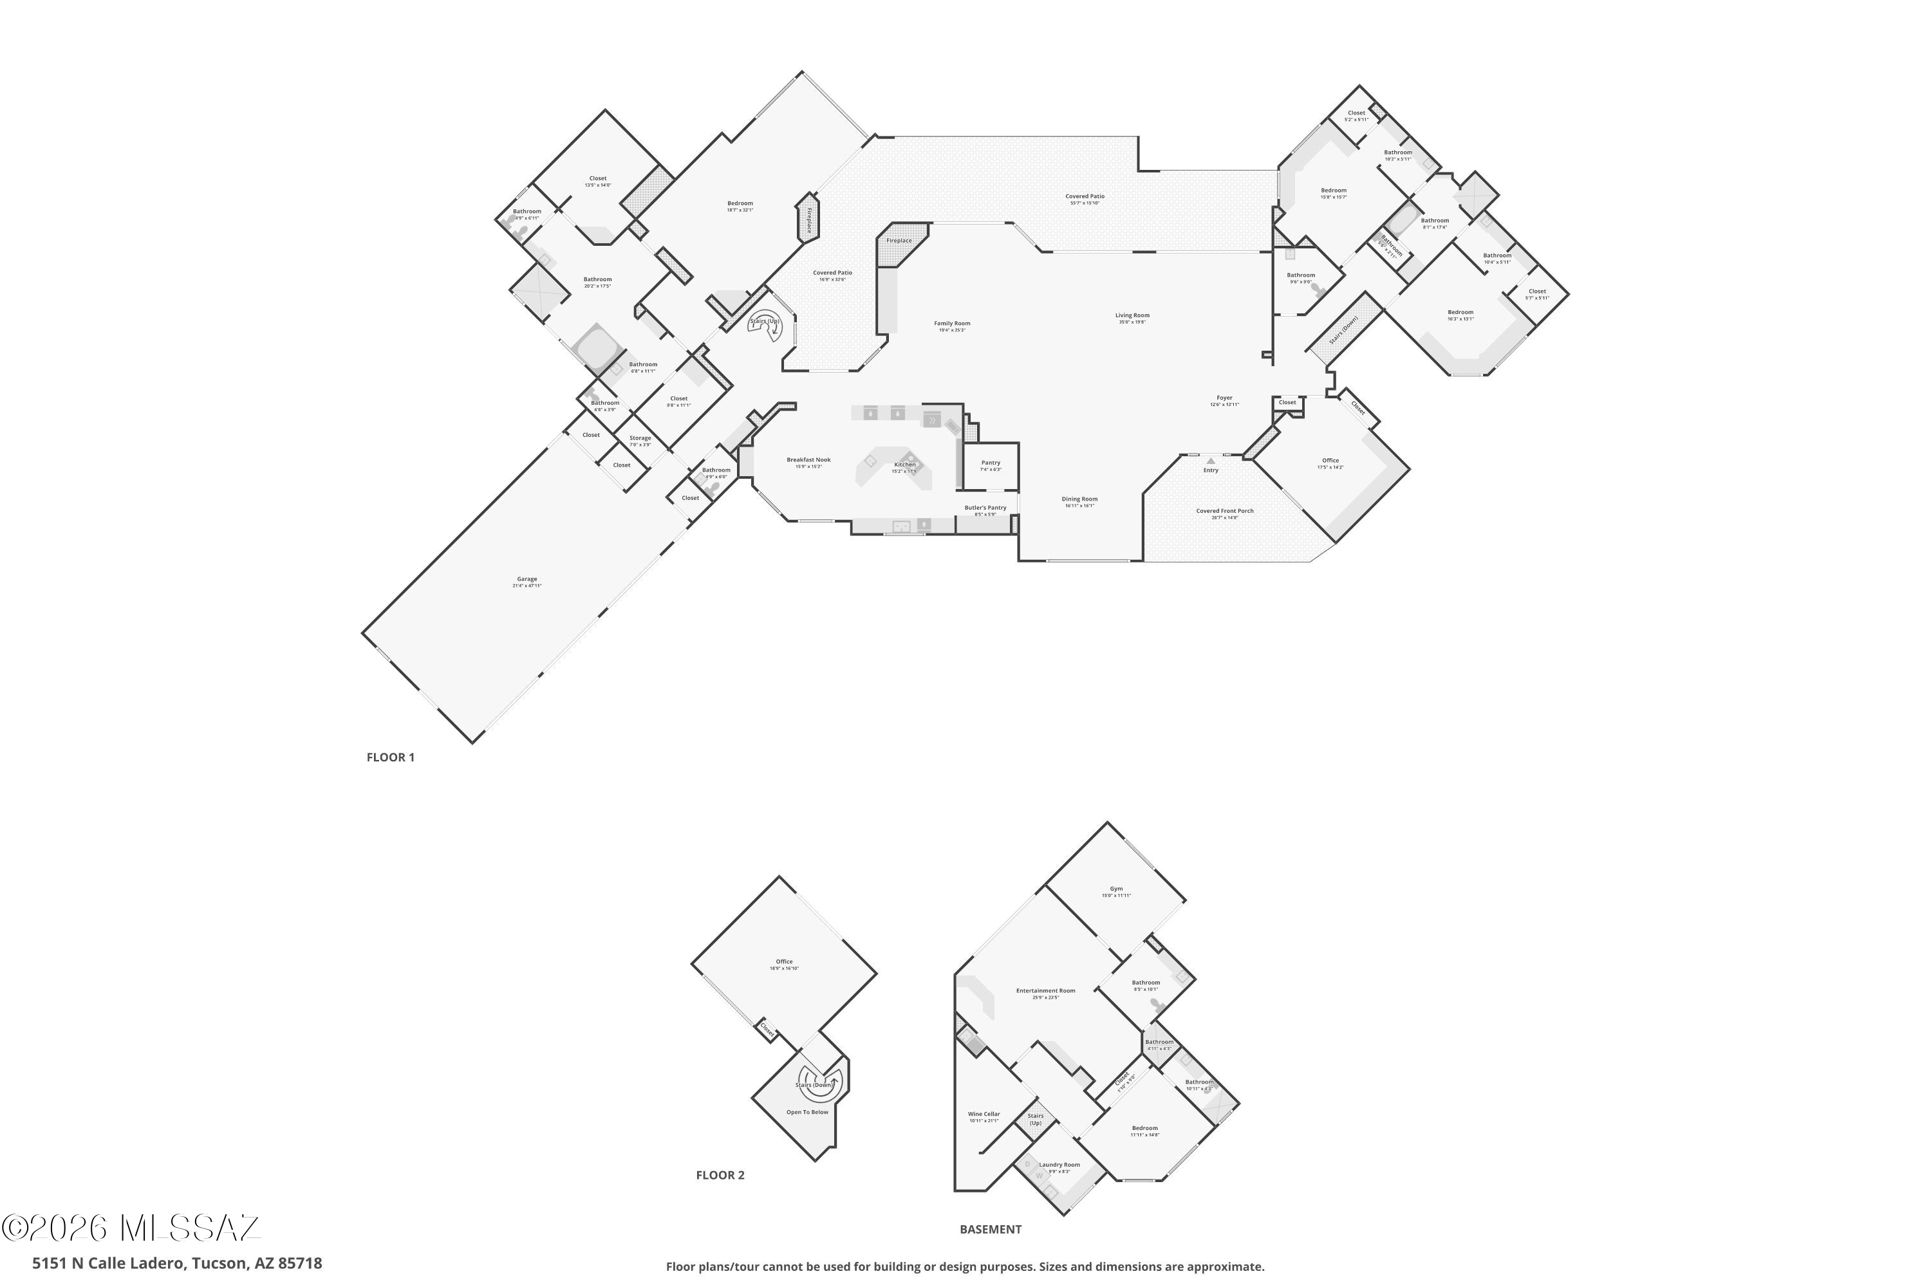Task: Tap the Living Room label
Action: pyautogui.click(x=1132, y=316)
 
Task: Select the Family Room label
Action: pyautogui.click(x=951, y=324)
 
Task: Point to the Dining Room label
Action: pyautogui.click(x=1079, y=500)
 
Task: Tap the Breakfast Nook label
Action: pyautogui.click(x=808, y=461)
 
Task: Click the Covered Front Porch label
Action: pyautogui.click(x=1224, y=512)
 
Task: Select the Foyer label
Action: pyautogui.click(x=1224, y=399)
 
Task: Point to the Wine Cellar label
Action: pyautogui.click(x=984, y=1115)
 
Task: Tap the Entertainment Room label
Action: pyautogui.click(x=1045, y=991)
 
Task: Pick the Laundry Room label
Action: pyautogui.click(x=1059, y=1165)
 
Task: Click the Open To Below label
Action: pyautogui.click(x=807, y=1112)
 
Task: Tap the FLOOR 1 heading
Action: pyautogui.click(x=390, y=757)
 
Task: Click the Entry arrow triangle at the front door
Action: pyautogui.click(x=1210, y=461)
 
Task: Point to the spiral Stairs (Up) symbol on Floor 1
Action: pyautogui.click(x=765, y=324)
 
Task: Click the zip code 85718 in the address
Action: pyautogui.click(x=301, y=1263)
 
